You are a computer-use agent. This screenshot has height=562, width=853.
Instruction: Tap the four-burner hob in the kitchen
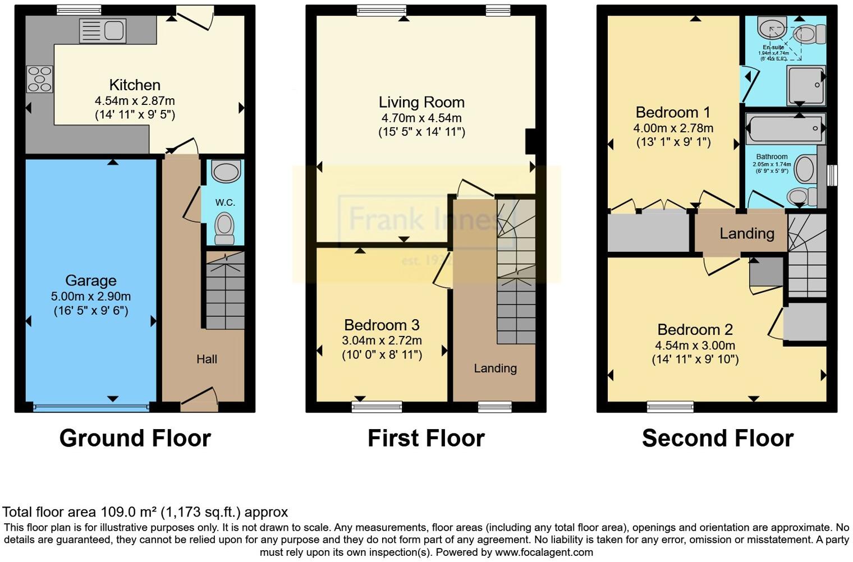click(39, 79)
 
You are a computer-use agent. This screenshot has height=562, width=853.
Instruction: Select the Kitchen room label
click(135, 85)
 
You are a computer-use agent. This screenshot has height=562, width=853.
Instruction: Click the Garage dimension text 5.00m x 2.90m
click(91, 297)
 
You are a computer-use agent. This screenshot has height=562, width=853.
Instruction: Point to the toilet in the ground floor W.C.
click(225, 229)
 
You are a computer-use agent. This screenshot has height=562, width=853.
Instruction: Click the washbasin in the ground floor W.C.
click(226, 172)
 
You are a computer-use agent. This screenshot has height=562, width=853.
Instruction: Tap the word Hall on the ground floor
click(207, 360)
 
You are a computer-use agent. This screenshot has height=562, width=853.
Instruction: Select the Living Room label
click(421, 103)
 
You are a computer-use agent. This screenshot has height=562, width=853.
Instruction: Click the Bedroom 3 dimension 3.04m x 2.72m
click(382, 340)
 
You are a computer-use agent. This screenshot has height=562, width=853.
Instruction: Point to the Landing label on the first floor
click(495, 368)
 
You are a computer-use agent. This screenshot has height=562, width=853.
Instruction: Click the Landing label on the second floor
click(747, 233)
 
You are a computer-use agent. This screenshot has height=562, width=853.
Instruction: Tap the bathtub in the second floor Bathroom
click(784, 128)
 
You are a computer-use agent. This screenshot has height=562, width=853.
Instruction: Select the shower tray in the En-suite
click(806, 85)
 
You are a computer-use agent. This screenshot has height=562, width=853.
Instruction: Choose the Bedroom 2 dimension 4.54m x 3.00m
click(695, 346)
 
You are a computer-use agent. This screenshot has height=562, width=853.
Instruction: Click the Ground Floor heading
click(135, 438)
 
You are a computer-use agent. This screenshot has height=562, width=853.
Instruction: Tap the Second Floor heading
click(718, 438)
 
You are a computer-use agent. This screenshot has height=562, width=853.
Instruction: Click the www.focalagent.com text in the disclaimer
click(544, 552)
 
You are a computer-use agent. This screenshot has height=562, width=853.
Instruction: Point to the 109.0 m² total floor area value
click(129, 512)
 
